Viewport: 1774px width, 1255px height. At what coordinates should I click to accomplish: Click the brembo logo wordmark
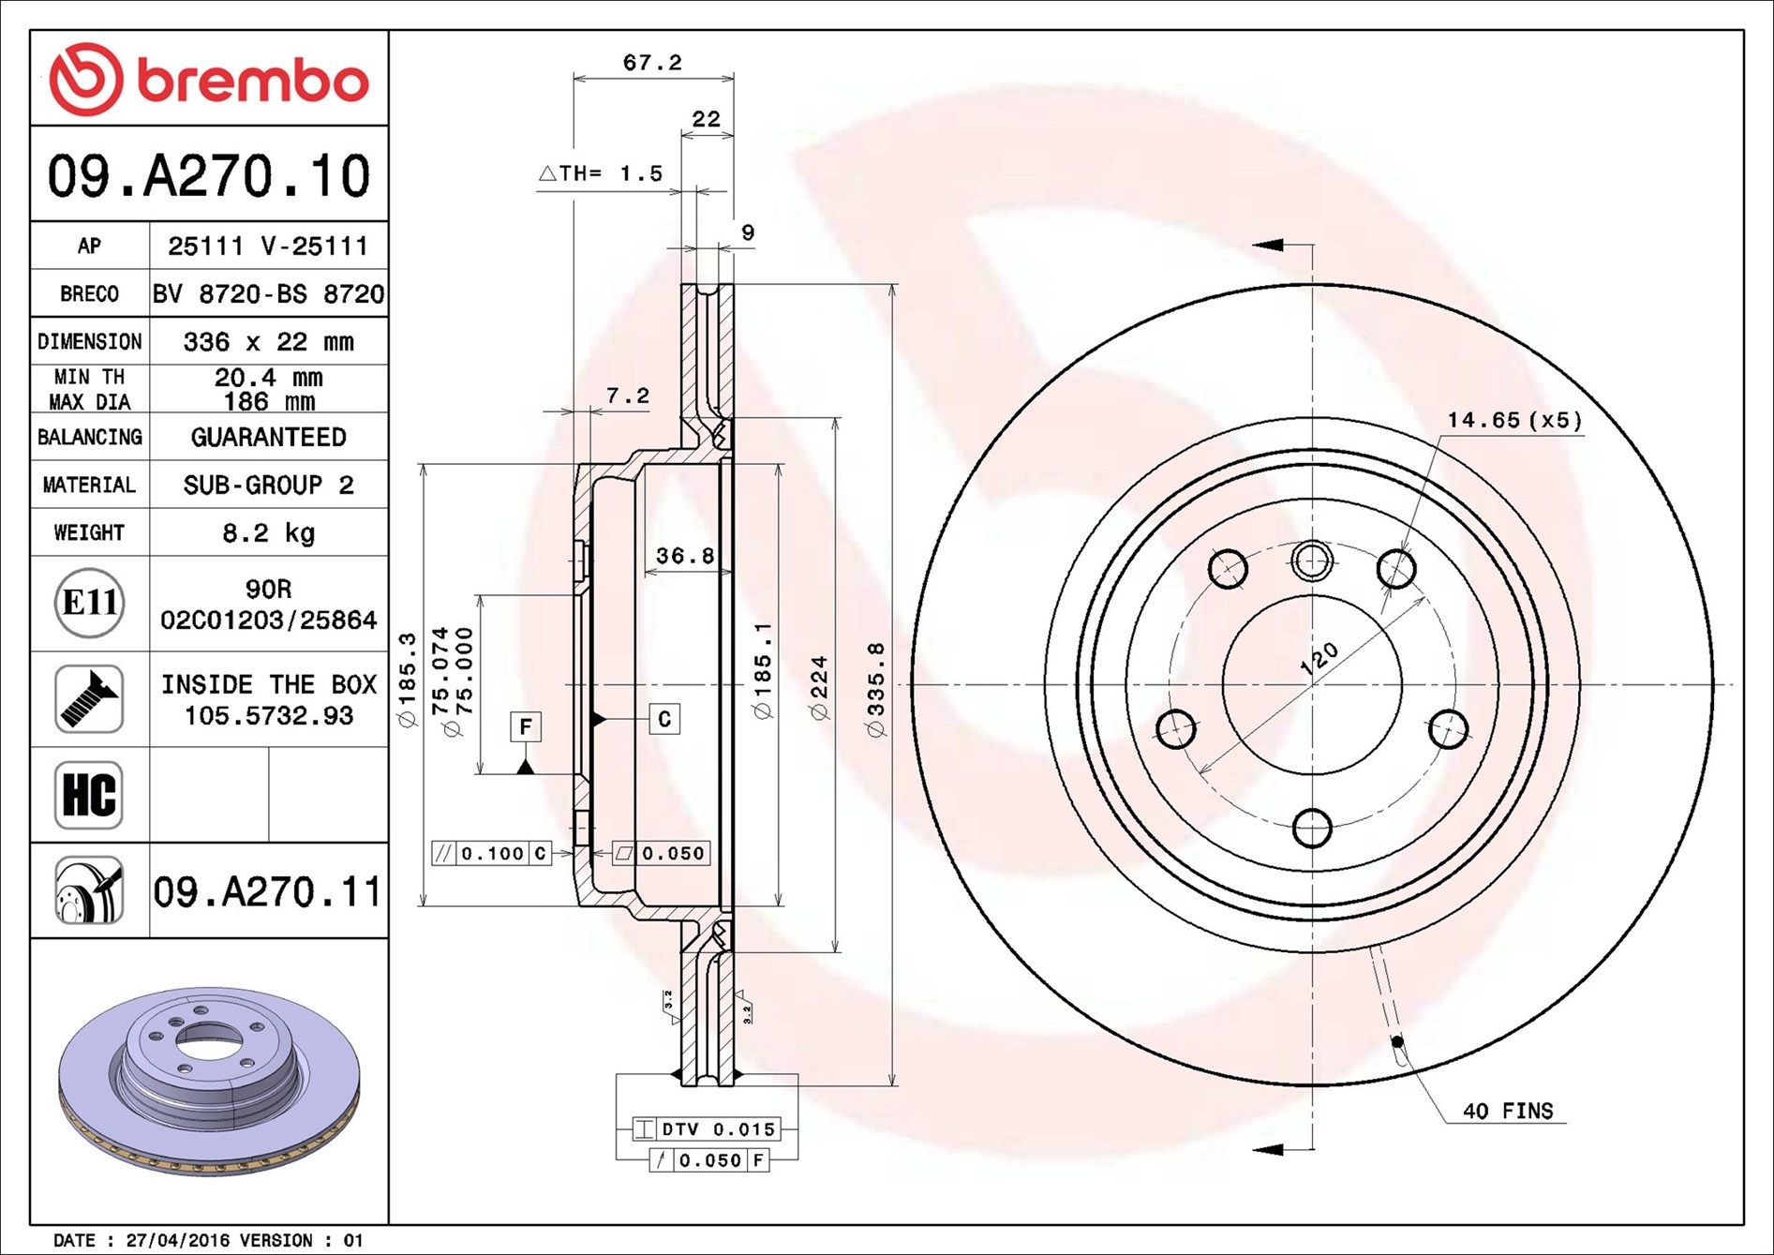(x=251, y=82)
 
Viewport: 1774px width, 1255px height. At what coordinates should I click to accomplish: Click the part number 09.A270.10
(x=209, y=176)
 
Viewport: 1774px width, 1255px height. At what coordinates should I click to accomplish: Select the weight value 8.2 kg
(x=268, y=533)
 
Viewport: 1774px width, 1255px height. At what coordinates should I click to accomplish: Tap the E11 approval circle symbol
(x=89, y=603)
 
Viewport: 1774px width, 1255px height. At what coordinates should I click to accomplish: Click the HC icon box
(x=89, y=795)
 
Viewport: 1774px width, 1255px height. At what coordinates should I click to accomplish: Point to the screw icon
(x=89, y=699)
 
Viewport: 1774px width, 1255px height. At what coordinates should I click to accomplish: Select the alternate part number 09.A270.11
(x=267, y=891)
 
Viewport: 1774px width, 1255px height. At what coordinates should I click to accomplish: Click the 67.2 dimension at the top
(x=652, y=63)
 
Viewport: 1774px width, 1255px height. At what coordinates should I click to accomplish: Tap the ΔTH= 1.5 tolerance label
(x=601, y=173)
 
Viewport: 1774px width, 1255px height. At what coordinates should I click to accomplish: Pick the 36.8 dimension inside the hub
(x=685, y=556)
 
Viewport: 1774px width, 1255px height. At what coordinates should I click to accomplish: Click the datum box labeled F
(x=526, y=726)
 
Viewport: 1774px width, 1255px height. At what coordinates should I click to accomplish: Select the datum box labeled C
(x=664, y=719)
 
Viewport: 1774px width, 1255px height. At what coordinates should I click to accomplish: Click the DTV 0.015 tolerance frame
(x=706, y=1129)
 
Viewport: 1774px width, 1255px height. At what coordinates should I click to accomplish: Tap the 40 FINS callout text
(x=1507, y=1111)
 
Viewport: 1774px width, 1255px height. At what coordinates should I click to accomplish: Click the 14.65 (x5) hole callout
(x=1513, y=420)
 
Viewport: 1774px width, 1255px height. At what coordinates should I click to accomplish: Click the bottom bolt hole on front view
(x=1312, y=828)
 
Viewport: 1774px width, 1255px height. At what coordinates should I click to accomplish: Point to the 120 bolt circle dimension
(x=1319, y=659)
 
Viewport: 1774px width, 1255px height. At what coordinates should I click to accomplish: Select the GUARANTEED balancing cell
(x=268, y=437)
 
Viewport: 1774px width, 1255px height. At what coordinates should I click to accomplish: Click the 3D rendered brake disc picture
(x=208, y=1078)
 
